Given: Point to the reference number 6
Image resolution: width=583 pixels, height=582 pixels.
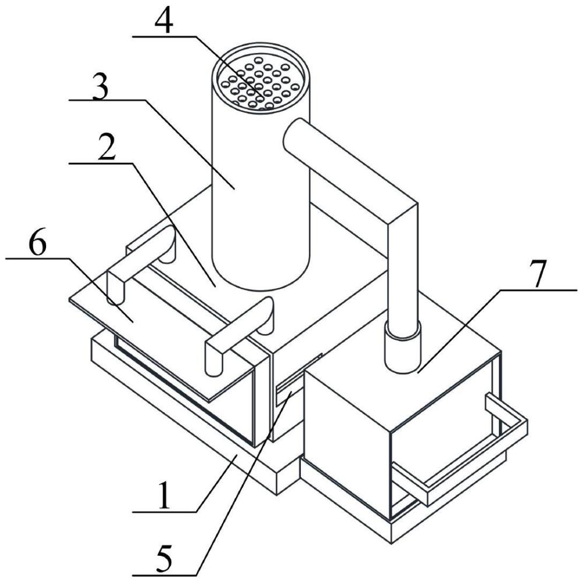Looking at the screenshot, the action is tap(37, 244).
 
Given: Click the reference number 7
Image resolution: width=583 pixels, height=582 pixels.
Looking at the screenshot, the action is tap(540, 275).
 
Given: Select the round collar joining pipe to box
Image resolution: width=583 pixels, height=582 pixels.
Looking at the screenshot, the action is tap(403, 348).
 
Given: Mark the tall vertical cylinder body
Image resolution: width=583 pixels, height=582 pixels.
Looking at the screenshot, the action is tap(260, 186).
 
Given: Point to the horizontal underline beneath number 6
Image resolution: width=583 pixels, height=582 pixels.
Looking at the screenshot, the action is tap(37, 258).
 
